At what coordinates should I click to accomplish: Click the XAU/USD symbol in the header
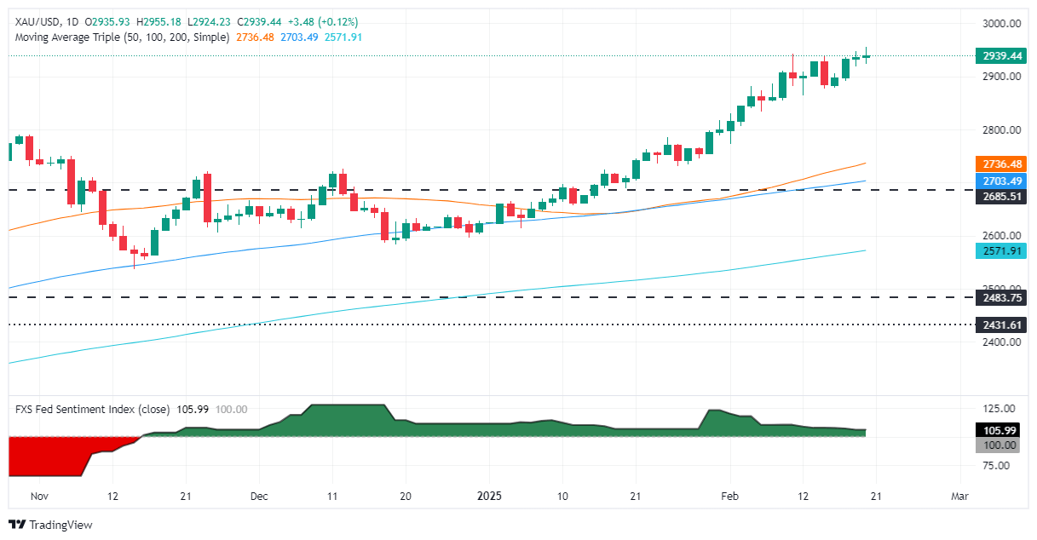[x=37, y=21]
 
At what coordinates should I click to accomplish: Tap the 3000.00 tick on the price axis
[x=1000, y=24]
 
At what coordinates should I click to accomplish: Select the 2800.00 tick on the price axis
[x=1000, y=130]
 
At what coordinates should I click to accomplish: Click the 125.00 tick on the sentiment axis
[x=997, y=409]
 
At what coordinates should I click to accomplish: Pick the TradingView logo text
[x=60, y=525]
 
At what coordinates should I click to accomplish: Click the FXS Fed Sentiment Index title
[x=92, y=410]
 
